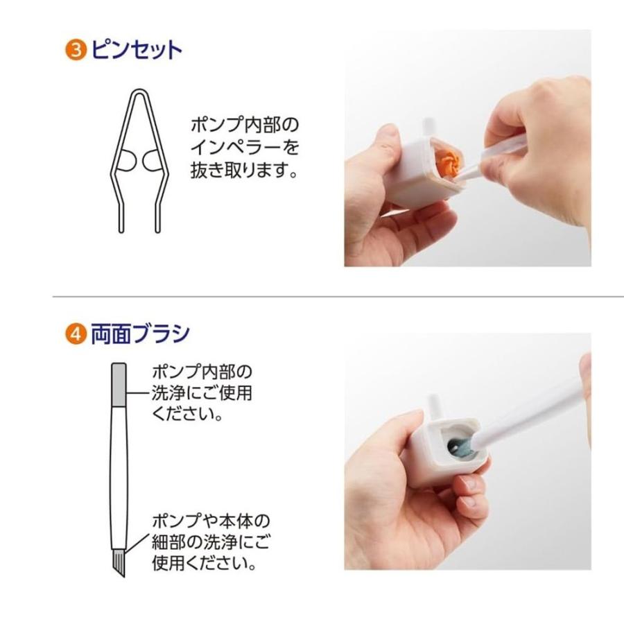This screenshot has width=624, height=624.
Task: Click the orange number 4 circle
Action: coord(75,336)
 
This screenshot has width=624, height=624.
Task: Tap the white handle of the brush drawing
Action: coord(118,471)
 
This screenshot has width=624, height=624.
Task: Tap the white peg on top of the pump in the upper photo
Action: coord(428,127)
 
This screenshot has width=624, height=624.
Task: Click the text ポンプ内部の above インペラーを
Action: coord(244,125)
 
